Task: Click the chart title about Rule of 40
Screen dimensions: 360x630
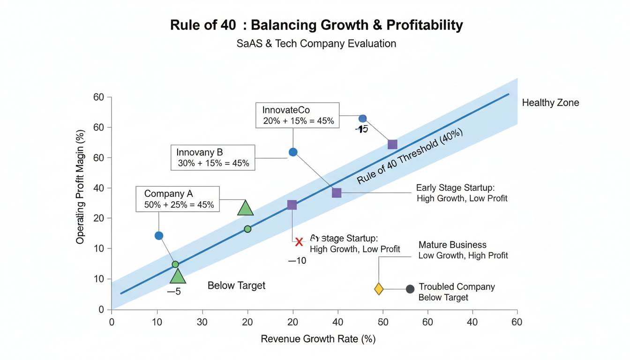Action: (316, 25)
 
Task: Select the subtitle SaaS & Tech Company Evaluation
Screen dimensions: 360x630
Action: (316, 44)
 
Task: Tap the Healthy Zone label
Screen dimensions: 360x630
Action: (550, 103)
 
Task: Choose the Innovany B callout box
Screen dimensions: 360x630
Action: (213, 157)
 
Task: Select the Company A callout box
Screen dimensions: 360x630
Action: (178, 199)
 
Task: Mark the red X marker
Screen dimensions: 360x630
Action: (300, 242)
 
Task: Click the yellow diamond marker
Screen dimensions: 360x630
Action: (379, 289)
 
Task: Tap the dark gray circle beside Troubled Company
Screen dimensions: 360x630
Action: (410, 289)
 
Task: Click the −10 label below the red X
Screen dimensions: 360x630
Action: (297, 261)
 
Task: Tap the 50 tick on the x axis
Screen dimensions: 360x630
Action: (383, 322)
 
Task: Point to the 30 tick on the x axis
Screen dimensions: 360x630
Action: (202, 322)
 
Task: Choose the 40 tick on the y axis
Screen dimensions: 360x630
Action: (98, 188)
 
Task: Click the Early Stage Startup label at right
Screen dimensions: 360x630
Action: (462, 193)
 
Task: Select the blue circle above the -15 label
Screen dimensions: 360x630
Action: (362, 119)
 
